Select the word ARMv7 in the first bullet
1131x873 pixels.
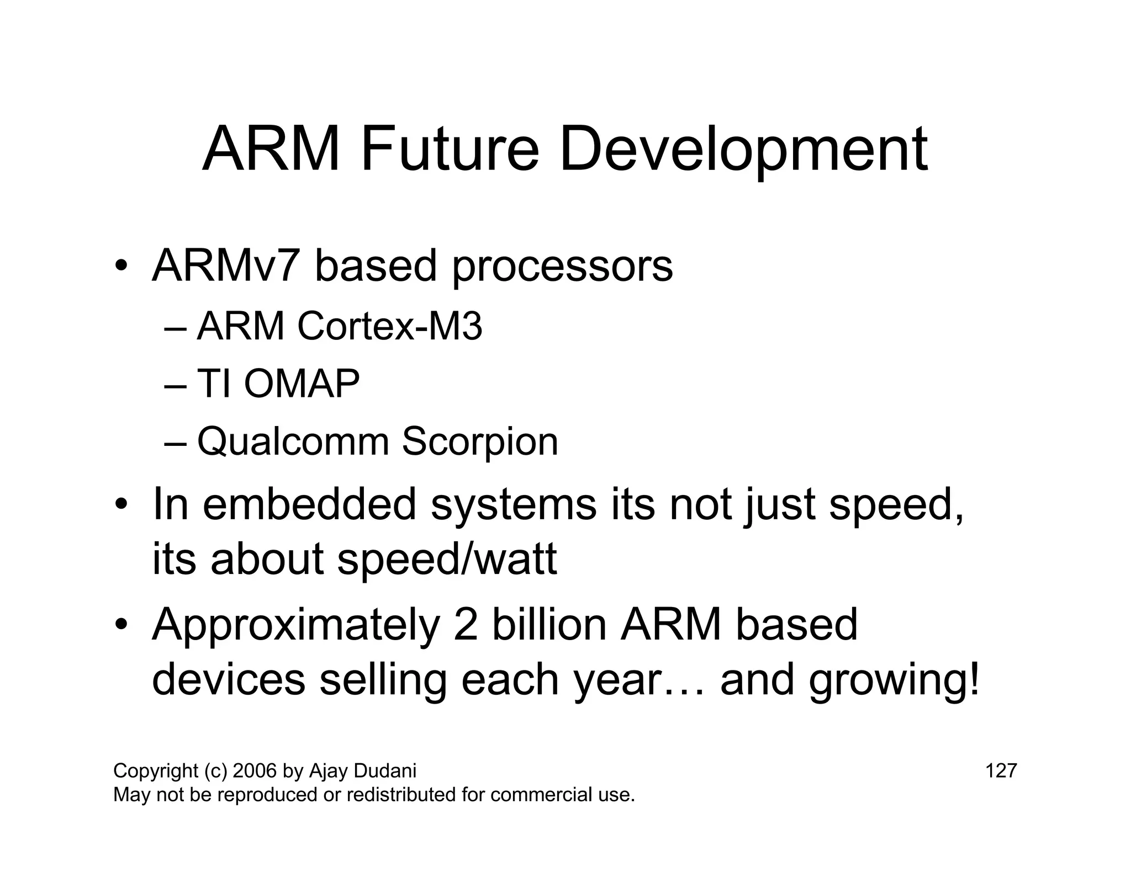(x=226, y=267)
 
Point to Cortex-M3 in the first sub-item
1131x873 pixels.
(x=389, y=326)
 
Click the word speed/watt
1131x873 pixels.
(x=447, y=559)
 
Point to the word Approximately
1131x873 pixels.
(x=295, y=625)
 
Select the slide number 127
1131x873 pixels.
(x=1001, y=770)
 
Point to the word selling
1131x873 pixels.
(x=383, y=680)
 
